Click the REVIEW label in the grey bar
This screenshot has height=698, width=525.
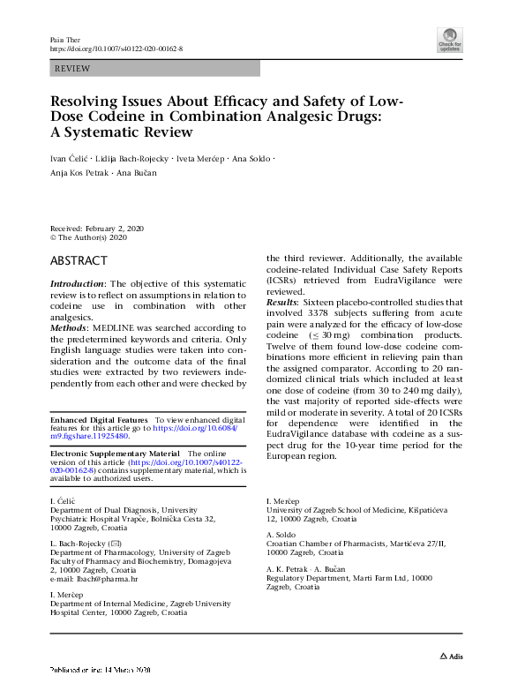click(71, 68)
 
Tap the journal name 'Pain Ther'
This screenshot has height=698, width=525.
click(63, 40)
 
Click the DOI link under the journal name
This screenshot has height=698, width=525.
click(116, 49)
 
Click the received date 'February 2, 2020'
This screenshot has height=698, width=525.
click(114, 229)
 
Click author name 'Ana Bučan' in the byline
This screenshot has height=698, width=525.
click(138, 173)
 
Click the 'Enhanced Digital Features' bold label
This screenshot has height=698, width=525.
click(99, 419)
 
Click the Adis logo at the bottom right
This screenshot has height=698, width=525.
click(451, 657)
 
